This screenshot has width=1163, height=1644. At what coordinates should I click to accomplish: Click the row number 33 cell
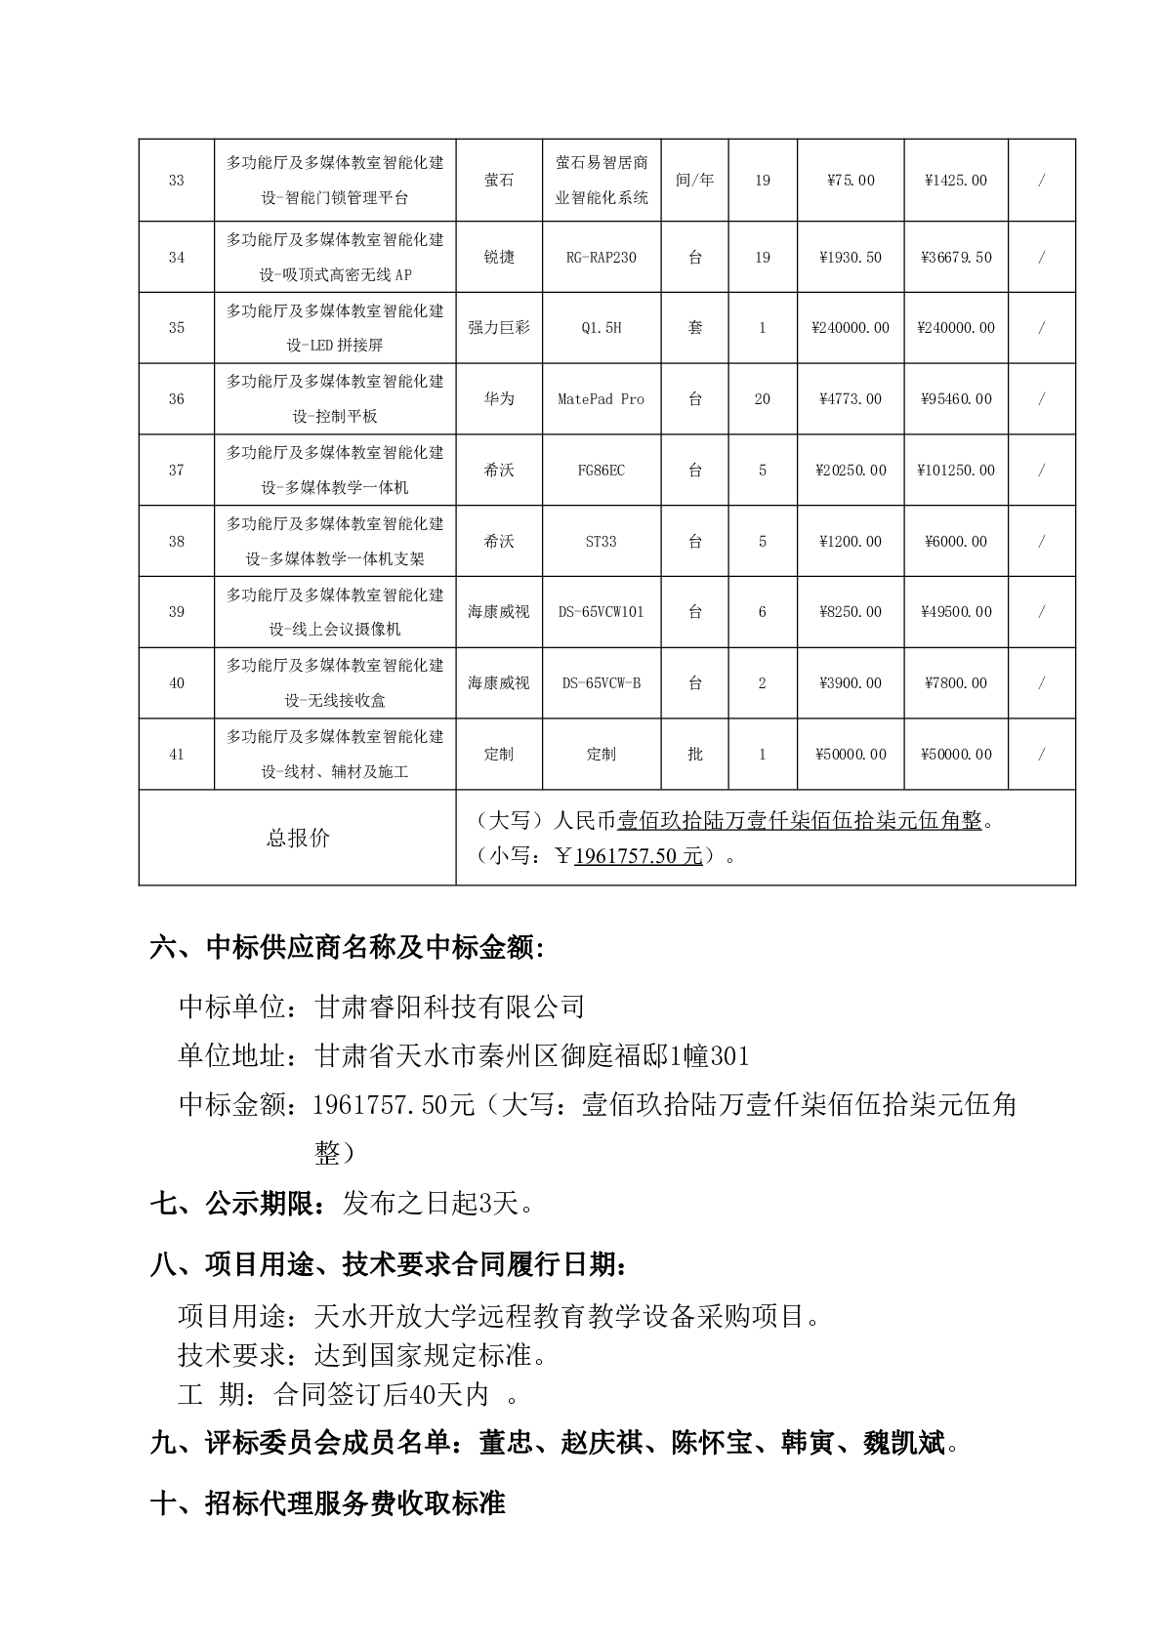pos(176,181)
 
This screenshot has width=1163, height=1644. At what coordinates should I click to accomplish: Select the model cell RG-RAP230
pos(601,258)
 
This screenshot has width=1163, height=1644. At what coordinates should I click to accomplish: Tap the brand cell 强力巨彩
pos(499,328)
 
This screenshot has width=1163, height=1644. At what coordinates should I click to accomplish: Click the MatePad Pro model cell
pos(601,399)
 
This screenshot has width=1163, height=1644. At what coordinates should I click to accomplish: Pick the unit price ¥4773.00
pos(851,399)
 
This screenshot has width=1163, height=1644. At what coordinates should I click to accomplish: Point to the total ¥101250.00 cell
pos(956,471)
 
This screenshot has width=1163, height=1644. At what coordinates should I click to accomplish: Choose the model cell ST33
pos(601,542)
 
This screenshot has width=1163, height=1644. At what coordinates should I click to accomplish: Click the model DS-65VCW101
pos(601,612)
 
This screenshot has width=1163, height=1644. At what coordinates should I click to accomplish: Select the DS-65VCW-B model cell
pos(601,683)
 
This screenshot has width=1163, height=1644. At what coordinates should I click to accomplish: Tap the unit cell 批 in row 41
pos(694,755)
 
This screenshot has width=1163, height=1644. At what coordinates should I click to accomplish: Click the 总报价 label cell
pos(298,839)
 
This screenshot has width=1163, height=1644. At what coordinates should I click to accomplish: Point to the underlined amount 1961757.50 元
pos(639,856)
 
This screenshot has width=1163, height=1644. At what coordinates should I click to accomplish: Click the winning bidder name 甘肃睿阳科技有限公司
pos(450,1006)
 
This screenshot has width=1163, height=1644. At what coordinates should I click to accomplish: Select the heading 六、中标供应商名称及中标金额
pos(346,948)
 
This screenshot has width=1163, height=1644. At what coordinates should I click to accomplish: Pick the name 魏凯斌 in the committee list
pos(903,1443)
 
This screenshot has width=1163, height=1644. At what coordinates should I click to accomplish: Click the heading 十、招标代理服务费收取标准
pos(327,1503)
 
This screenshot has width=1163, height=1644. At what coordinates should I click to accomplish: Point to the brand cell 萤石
pos(499,181)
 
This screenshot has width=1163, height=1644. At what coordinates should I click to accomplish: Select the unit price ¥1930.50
pos(851,258)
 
